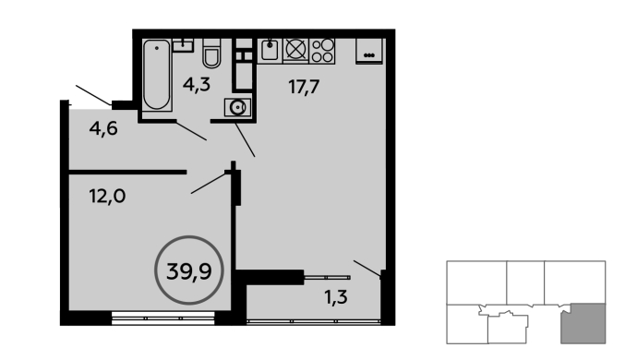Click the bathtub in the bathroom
pos(156,75)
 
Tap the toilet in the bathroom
pos(211,54)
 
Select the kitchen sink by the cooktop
pos(270,51)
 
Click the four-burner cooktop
pos(322,51)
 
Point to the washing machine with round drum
pos(237,107)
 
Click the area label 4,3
pos(197,85)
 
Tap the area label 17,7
pos(304,87)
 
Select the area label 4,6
pos(103,128)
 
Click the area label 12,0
pos(107,197)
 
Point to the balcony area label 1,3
pos(336,297)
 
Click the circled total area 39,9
pos(189,270)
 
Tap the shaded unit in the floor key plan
pos(583,323)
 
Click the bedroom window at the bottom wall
pos(162,318)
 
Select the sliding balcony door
pos(327,278)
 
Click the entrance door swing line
pos(93,95)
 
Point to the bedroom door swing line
pos(209,183)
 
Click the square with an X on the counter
pos(295,50)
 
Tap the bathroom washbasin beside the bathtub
pos(183,44)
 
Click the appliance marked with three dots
pos(369,51)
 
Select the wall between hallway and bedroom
pos(127,173)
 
